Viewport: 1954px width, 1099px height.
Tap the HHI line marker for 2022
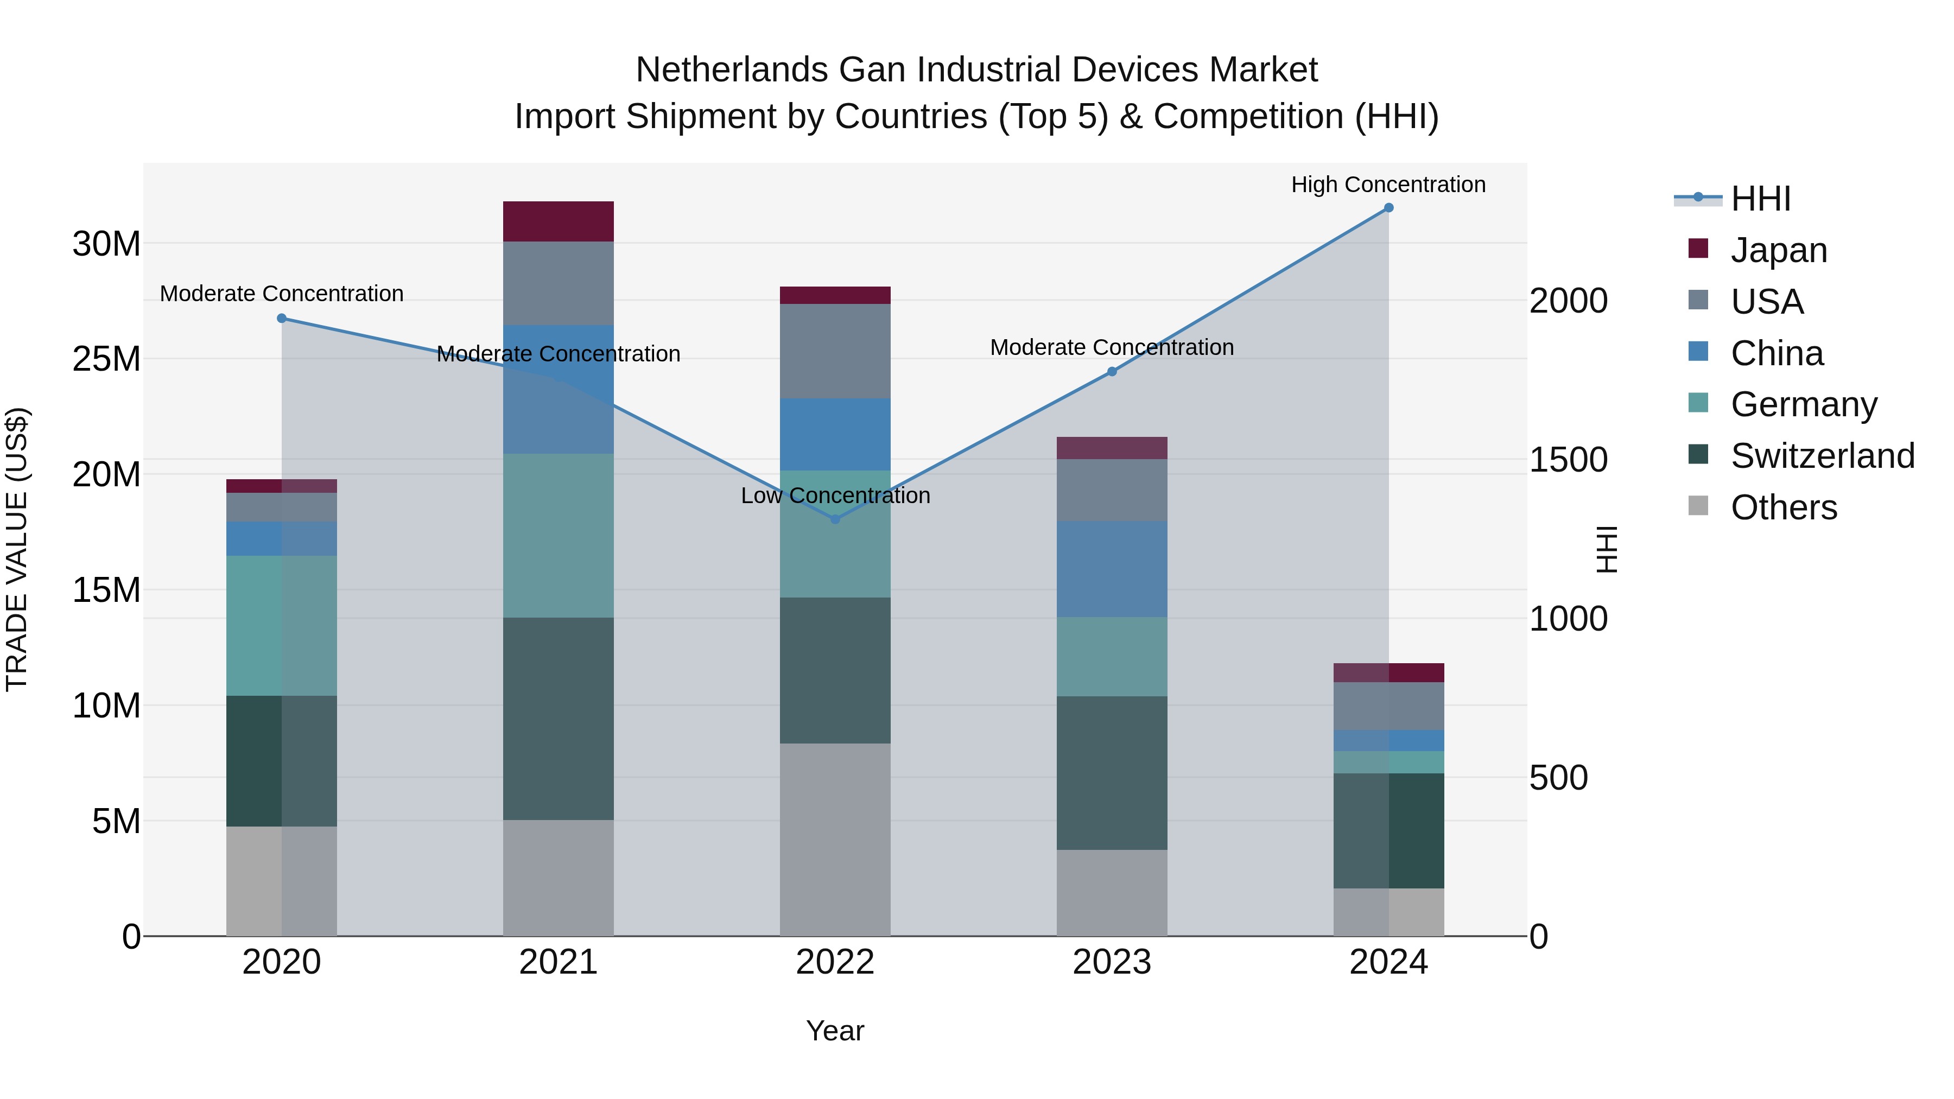(x=835, y=519)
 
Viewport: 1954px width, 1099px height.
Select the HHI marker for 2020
(x=281, y=319)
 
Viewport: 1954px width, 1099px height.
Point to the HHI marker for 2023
(x=1112, y=372)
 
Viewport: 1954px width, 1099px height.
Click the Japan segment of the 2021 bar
(x=559, y=221)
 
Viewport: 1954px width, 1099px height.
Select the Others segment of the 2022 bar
(x=835, y=839)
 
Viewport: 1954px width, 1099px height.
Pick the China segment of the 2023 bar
(x=1112, y=569)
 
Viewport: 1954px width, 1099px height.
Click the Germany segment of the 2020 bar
(x=281, y=626)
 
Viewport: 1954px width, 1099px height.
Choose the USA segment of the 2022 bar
(x=835, y=351)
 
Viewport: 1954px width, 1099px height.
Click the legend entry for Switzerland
(x=1822, y=456)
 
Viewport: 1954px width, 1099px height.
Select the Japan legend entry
(x=1778, y=250)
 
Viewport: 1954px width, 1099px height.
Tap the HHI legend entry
(x=1760, y=199)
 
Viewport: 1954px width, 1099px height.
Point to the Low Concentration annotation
(x=835, y=495)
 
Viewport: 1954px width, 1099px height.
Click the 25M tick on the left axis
(x=106, y=359)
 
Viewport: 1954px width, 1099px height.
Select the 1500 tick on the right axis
(x=1568, y=460)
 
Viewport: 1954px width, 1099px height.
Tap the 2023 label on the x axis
(x=1112, y=962)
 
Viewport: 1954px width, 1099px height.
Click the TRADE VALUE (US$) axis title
(x=17, y=549)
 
